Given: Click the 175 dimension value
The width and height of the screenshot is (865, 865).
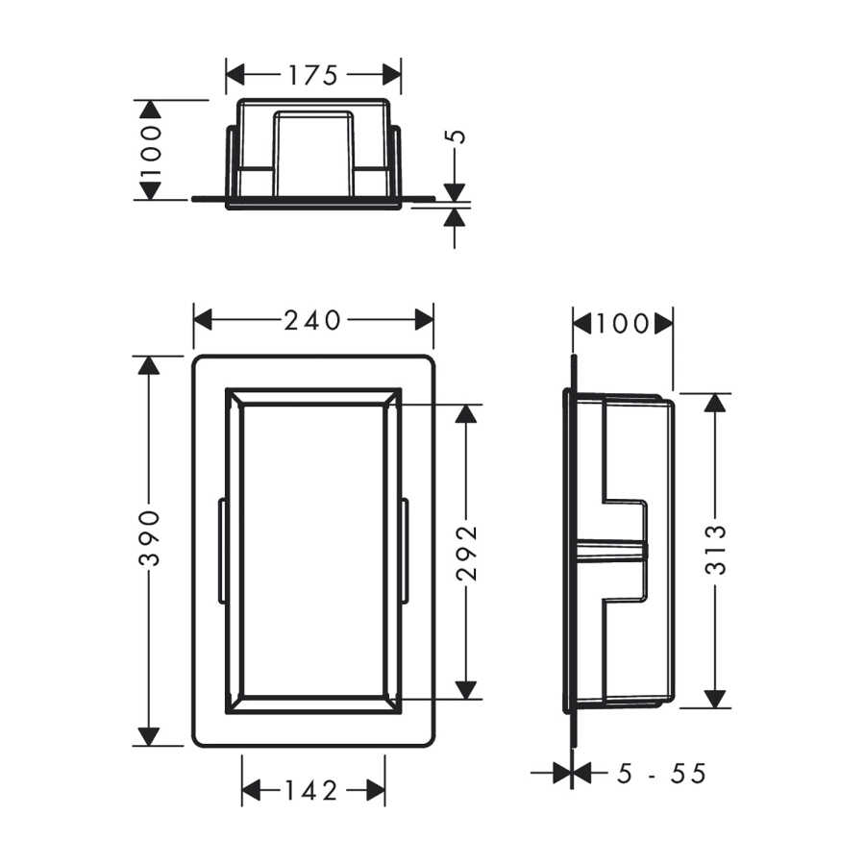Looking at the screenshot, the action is click(x=312, y=75).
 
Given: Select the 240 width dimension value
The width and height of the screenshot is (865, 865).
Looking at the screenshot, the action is click(x=312, y=320).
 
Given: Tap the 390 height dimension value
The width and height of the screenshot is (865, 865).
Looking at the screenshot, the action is click(x=150, y=539).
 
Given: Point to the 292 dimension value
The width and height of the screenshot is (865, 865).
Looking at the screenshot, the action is click(x=467, y=553).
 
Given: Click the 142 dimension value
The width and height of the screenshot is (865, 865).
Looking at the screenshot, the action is click(x=311, y=791).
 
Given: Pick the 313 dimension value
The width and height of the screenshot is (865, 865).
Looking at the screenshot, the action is click(x=716, y=550).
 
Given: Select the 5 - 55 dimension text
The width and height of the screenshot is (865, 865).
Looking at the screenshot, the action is click(x=661, y=774).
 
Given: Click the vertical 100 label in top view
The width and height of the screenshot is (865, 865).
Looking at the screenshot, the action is click(x=150, y=150).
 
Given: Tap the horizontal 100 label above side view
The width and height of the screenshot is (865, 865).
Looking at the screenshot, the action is click(x=622, y=323).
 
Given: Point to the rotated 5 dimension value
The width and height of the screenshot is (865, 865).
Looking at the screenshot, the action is click(x=456, y=136).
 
